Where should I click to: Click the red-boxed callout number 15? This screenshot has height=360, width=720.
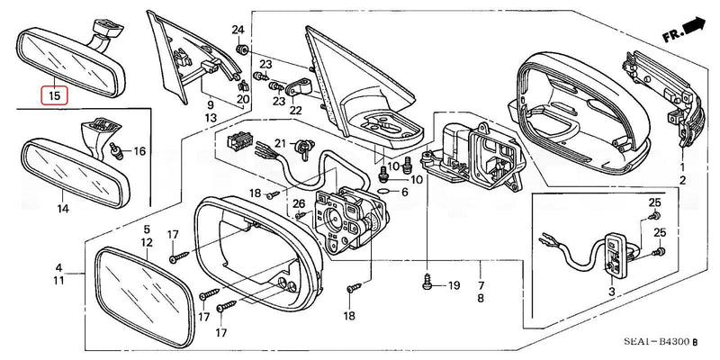[x=55, y=94]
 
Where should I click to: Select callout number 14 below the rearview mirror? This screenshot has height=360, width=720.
[x=62, y=209]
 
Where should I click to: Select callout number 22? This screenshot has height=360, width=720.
[x=294, y=111]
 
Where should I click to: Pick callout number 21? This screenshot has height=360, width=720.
[x=280, y=144]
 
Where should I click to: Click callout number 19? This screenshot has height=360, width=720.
[x=454, y=285]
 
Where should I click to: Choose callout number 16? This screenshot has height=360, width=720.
[x=139, y=151]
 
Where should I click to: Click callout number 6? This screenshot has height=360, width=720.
[x=404, y=192]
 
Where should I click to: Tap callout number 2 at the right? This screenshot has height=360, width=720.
[x=682, y=181]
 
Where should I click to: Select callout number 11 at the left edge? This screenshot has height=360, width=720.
[x=58, y=281]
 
